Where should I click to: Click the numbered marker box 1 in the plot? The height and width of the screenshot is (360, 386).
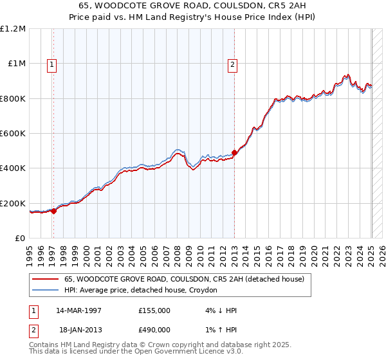[51, 64]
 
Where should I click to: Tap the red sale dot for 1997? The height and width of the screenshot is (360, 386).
[54, 212]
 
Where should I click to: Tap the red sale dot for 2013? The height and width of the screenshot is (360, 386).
[234, 153]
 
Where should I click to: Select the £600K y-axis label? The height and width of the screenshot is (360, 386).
[12, 134]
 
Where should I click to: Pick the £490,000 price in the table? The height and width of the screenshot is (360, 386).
[154, 330]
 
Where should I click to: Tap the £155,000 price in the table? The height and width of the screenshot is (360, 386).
[154, 310]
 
